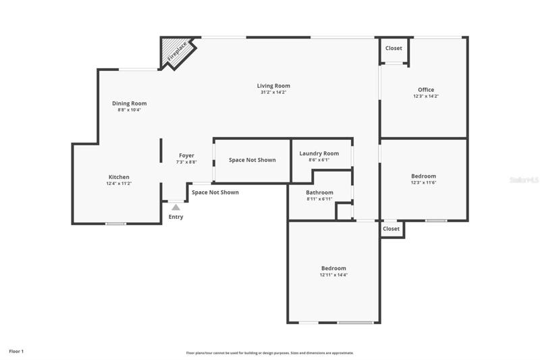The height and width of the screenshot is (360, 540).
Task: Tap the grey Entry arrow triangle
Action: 176,207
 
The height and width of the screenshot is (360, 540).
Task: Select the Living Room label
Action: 273,86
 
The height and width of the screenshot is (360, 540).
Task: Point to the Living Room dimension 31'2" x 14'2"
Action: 273,93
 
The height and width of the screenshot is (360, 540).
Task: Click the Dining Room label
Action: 130,103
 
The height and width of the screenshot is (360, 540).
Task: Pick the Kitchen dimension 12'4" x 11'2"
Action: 119,184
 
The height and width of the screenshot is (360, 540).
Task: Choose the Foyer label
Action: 187,155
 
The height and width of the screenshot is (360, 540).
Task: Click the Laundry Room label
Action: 319,153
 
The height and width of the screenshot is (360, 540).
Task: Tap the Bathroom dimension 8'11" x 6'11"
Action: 319,199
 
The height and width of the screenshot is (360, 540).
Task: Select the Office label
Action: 426,90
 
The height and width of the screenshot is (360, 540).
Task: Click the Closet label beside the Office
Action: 394,48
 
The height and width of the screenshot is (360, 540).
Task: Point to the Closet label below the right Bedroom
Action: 391,229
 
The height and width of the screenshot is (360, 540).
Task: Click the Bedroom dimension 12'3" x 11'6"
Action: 424,182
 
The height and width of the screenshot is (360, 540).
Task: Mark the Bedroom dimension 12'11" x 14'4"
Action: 333,275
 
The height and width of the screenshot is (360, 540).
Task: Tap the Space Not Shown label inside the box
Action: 252,160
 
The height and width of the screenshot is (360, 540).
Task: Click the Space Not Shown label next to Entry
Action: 215,192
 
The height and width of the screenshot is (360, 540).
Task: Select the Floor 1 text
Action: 16,351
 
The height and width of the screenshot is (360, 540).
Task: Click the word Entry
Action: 176,217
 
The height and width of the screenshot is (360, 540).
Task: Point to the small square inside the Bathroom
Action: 344,211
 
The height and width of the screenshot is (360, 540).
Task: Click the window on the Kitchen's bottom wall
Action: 115,224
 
